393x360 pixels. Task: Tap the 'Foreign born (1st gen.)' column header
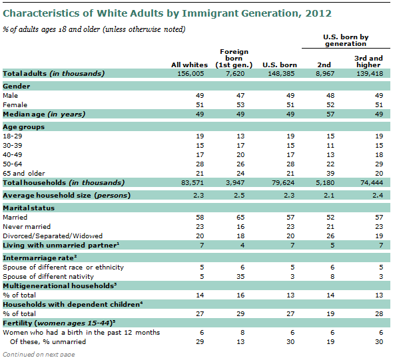tap(233, 59)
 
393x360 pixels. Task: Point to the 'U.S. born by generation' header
tap(346, 40)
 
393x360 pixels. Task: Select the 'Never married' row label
tap(26, 226)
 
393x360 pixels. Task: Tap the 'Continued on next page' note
tap(38, 354)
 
